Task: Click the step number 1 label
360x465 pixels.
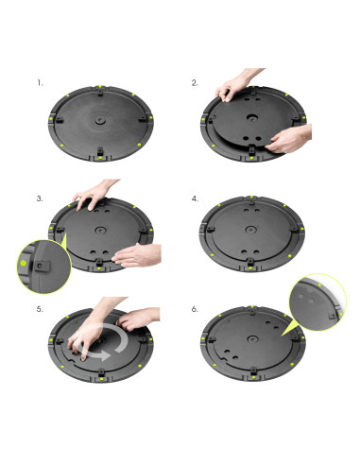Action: tap(40, 83)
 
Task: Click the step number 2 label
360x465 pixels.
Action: tap(195, 83)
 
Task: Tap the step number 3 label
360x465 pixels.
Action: tap(40, 198)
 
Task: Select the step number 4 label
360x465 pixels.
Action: tap(195, 198)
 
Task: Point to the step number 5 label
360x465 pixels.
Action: tap(40, 309)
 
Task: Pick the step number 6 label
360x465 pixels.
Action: tap(195, 309)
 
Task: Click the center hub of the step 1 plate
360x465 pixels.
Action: tap(100, 120)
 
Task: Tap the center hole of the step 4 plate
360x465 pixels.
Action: tap(251, 230)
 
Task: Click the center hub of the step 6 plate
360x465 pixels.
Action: tap(252, 339)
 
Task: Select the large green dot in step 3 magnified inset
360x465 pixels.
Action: tap(24, 263)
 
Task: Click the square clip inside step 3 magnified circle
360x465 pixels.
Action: tap(42, 267)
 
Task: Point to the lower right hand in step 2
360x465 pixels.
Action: tap(288, 139)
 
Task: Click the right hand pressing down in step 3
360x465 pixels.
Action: tap(137, 255)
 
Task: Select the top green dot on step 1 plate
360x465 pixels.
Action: tap(100, 87)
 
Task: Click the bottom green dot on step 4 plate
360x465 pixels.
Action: tap(250, 268)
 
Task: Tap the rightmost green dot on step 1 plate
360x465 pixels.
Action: tap(151, 117)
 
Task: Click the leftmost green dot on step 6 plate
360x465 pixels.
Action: tap(203, 338)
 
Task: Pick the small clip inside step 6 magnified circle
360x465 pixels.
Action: tap(332, 316)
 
